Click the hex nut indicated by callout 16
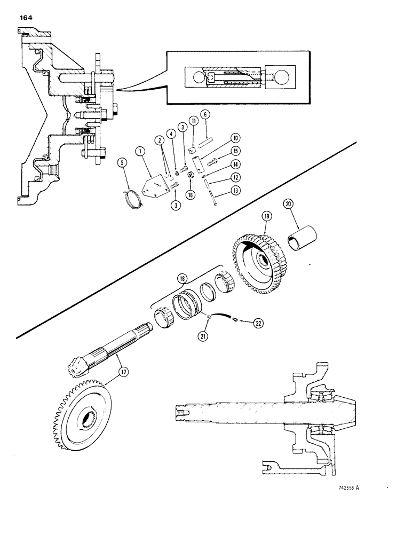190,176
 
